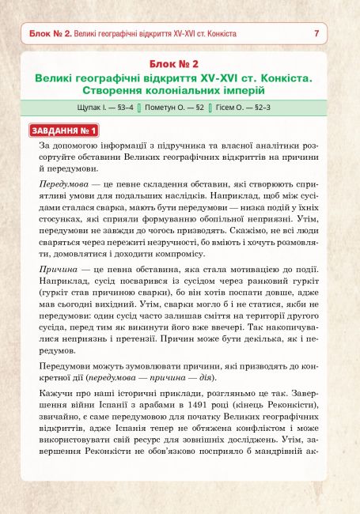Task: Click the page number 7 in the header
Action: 316,34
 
